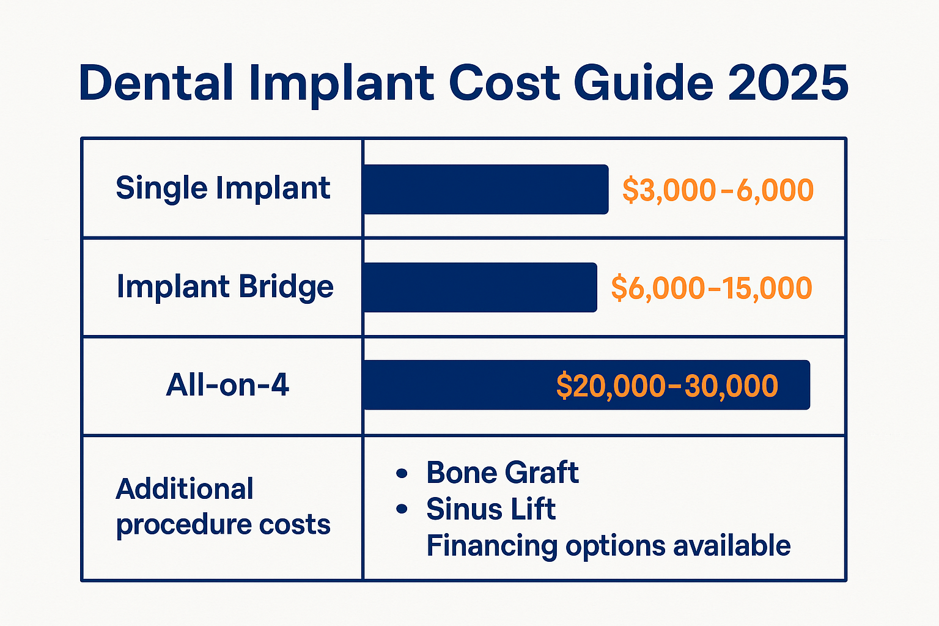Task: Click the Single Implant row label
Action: [x=223, y=188]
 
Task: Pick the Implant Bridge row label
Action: [x=225, y=287]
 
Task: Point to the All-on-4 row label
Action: [x=227, y=385]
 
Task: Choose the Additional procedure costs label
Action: [x=223, y=507]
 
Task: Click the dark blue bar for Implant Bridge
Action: [x=480, y=287]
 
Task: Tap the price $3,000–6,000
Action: [x=718, y=190]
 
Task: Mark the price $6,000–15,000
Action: [x=712, y=288]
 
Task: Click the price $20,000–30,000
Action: [x=667, y=386]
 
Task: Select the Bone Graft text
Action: [x=503, y=473]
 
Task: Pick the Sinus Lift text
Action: [x=491, y=509]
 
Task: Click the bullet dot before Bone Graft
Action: [x=402, y=473]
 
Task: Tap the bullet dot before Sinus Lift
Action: [x=402, y=509]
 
